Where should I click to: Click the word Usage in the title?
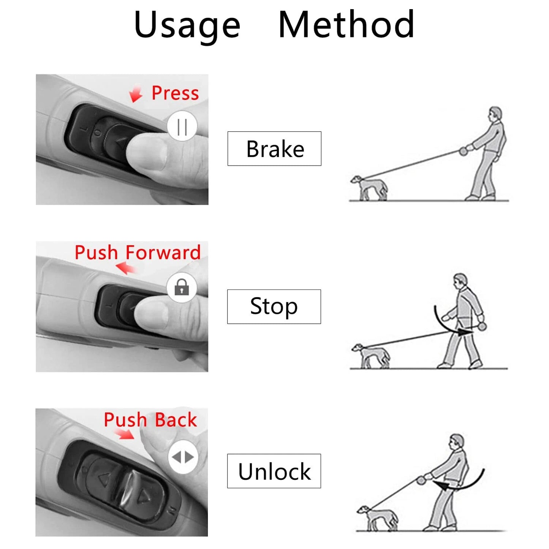click(x=187, y=25)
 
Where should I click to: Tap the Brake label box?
click(x=274, y=149)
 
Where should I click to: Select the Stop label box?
click(x=274, y=307)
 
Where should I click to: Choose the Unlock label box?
click(x=274, y=471)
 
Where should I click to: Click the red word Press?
click(x=175, y=93)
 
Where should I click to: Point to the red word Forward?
click(x=163, y=253)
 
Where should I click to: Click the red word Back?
click(x=176, y=420)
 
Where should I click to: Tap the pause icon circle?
click(x=182, y=127)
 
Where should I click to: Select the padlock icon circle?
click(x=182, y=287)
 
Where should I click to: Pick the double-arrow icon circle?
click(x=183, y=457)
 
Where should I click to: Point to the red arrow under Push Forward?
click(x=126, y=268)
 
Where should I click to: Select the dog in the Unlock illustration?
click(x=378, y=517)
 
